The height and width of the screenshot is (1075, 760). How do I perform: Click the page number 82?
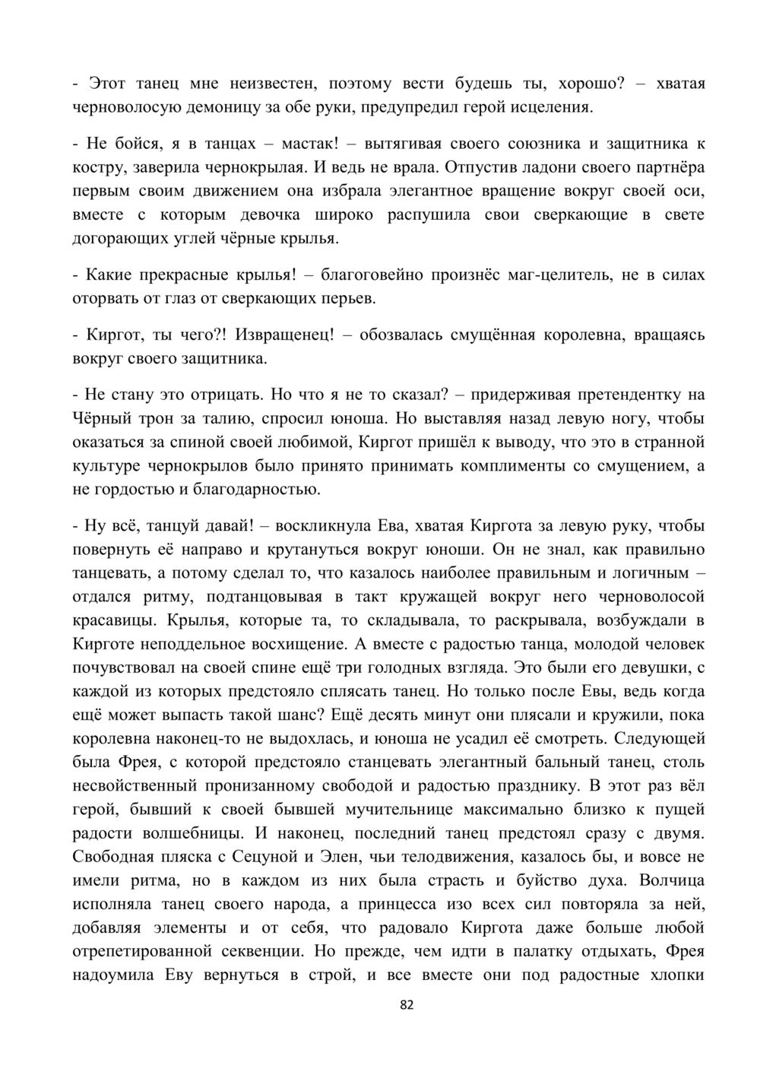(x=407, y=1005)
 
